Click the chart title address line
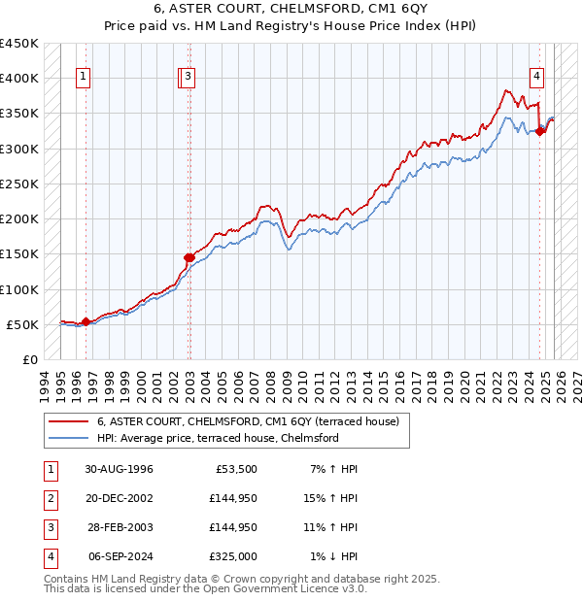pyautogui.click(x=291, y=11)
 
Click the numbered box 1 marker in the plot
pyautogui.click(x=85, y=79)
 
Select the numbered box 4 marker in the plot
pyautogui.click(x=536, y=79)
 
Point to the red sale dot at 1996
pyautogui.click(x=86, y=321)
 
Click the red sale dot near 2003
pyautogui.click(x=189, y=257)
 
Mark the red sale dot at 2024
pyautogui.click(x=541, y=131)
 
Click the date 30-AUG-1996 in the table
pyautogui.click(x=119, y=469)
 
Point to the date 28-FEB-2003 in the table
pyautogui.click(x=119, y=527)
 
